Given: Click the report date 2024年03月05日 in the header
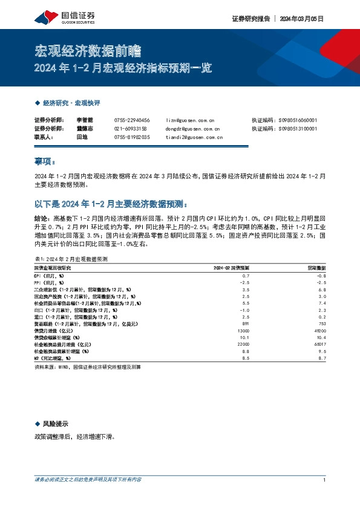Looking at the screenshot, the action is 302,19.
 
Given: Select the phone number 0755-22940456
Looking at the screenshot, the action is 132,120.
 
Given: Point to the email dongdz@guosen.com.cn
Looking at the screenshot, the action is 192,129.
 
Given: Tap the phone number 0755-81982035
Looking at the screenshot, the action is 132,137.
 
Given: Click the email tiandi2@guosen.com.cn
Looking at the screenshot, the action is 194,137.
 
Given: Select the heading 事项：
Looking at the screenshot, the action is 44,161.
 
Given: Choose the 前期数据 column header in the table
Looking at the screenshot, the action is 316,267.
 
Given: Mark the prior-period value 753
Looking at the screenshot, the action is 321,323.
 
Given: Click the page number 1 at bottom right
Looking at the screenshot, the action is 325,480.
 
